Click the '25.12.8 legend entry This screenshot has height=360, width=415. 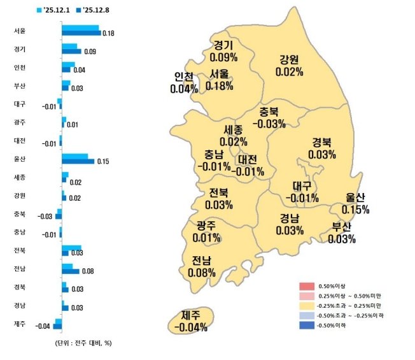[89, 10]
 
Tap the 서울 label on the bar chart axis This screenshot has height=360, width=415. [19, 31]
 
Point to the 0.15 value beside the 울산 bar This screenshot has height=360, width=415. [103, 162]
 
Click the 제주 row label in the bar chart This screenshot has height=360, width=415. [19, 324]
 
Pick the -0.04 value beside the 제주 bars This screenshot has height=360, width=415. [43, 327]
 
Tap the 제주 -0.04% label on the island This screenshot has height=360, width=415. [190, 321]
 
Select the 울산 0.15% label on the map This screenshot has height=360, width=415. [355, 203]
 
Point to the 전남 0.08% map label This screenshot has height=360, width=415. [201, 266]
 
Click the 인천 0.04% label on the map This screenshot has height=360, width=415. [184, 83]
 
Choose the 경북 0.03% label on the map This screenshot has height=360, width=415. [321, 148]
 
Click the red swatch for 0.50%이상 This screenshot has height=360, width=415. [310, 285]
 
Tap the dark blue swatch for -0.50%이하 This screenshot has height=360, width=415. [310, 326]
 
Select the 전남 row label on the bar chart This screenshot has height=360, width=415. [19, 268]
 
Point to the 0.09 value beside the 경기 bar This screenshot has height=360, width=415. [90, 52]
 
